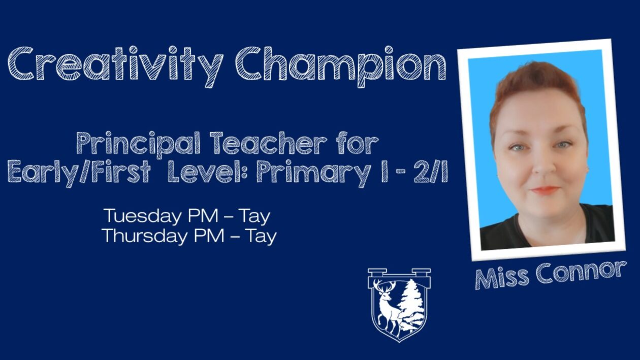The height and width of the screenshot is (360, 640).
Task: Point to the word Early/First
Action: coord(79,174)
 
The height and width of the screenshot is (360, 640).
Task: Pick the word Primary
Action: coord(313,174)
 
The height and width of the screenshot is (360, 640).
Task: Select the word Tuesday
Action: coord(143,217)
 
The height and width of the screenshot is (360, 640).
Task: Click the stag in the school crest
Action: coord(387,307)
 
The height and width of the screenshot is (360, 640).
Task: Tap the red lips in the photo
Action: coord(545,190)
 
